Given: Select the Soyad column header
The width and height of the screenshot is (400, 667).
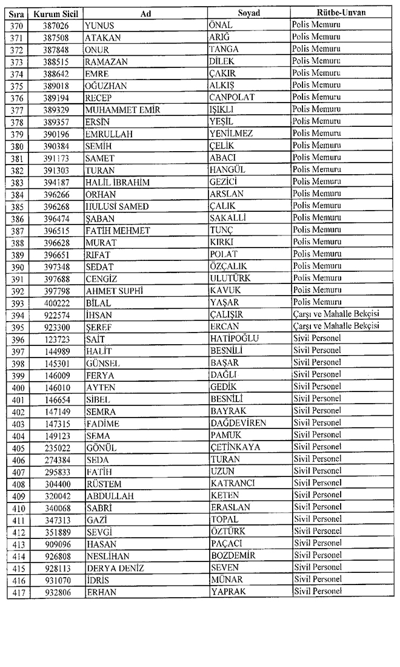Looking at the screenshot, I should [x=249, y=13].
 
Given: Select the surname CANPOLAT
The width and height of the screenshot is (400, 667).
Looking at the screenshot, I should [x=232, y=97].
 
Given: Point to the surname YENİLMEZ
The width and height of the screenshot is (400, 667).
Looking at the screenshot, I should [x=231, y=134].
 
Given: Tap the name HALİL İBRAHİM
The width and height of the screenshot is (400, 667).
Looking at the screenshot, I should [x=118, y=182].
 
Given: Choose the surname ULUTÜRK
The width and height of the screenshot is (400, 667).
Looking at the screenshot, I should [x=230, y=278].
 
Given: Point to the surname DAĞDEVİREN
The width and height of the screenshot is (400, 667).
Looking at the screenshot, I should [x=238, y=422].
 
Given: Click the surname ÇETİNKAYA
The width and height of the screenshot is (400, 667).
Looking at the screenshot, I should [x=235, y=447].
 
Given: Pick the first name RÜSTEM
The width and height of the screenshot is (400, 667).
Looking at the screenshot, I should [x=104, y=483].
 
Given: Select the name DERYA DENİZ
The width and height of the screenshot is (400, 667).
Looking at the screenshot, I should [x=113, y=567].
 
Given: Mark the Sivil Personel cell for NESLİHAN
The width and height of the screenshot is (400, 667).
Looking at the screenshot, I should [x=318, y=555].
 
